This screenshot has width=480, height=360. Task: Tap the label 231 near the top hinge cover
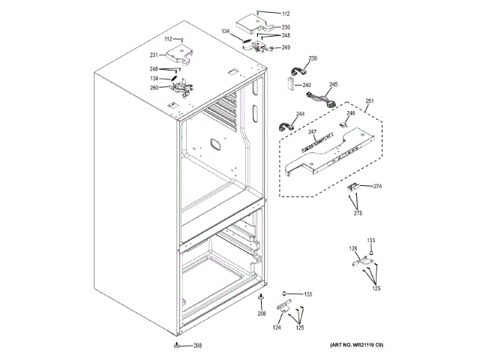coord(154,55)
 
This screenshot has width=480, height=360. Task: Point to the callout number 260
coord(154,87)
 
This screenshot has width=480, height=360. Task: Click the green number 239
coord(313,58)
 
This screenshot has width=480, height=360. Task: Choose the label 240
coord(307,85)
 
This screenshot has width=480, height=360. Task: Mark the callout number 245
coord(333,85)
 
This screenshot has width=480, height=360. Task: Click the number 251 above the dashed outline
coord(369,101)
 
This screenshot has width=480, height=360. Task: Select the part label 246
coord(350,113)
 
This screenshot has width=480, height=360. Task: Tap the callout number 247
coord(312,131)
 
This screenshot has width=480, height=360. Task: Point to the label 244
coord(300,115)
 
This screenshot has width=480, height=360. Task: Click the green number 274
coord(377,186)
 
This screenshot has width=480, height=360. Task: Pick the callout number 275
coord(358,214)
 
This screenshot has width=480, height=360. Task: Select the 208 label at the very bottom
coord(197,346)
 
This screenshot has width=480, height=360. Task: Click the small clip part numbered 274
coord(355,187)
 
